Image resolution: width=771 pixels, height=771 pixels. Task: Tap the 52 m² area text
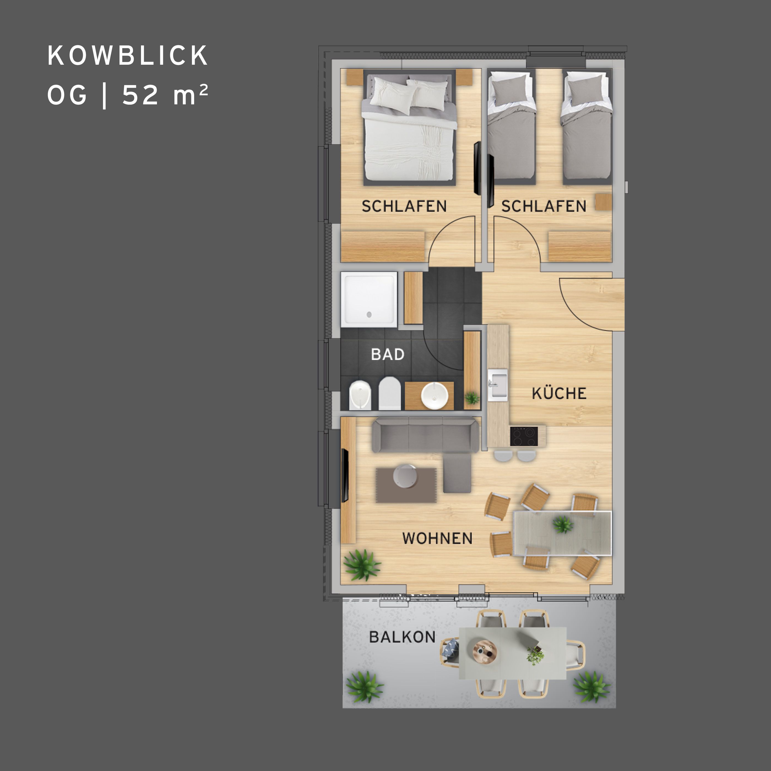[x=165, y=95]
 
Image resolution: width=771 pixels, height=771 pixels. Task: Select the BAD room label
[x=387, y=354]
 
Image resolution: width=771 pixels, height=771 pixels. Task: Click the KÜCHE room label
[x=559, y=393]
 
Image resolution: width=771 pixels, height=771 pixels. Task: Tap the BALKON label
[x=402, y=637]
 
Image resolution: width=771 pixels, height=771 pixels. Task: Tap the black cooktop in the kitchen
[x=523, y=436]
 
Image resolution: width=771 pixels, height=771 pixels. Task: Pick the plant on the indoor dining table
[x=563, y=524]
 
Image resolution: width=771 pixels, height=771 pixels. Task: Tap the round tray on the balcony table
[x=485, y=652]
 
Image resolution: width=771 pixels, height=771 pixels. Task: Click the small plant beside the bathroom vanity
[x=472, y=397]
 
